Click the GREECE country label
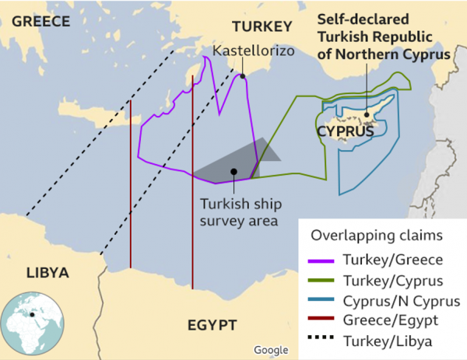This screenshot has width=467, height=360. coord(41,21)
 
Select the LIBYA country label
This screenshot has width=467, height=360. coord(47,273)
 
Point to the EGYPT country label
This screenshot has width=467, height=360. coord(211,324)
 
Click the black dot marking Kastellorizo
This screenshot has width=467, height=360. coord(243,76)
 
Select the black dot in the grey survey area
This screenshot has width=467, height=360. coord(233,171)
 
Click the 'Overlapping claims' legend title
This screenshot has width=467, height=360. coord(365,235)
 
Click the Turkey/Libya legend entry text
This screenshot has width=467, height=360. coord(381,340)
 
